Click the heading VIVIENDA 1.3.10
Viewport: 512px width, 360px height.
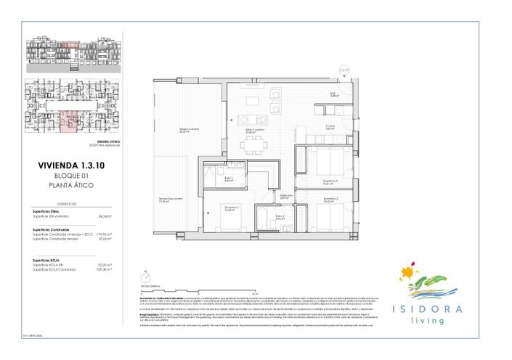click(x=71, y=166)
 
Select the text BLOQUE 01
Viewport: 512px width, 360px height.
click(x=71, y=176)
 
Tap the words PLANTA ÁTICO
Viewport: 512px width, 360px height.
click(x=71, y=186)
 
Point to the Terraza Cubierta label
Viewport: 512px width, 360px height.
click(x=190, y=131)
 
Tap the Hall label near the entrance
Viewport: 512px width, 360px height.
click(x=333, y=94)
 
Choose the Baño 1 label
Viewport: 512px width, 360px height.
click(x=227, y=179)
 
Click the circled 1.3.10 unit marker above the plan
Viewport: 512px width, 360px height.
click(x=344, y=71)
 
